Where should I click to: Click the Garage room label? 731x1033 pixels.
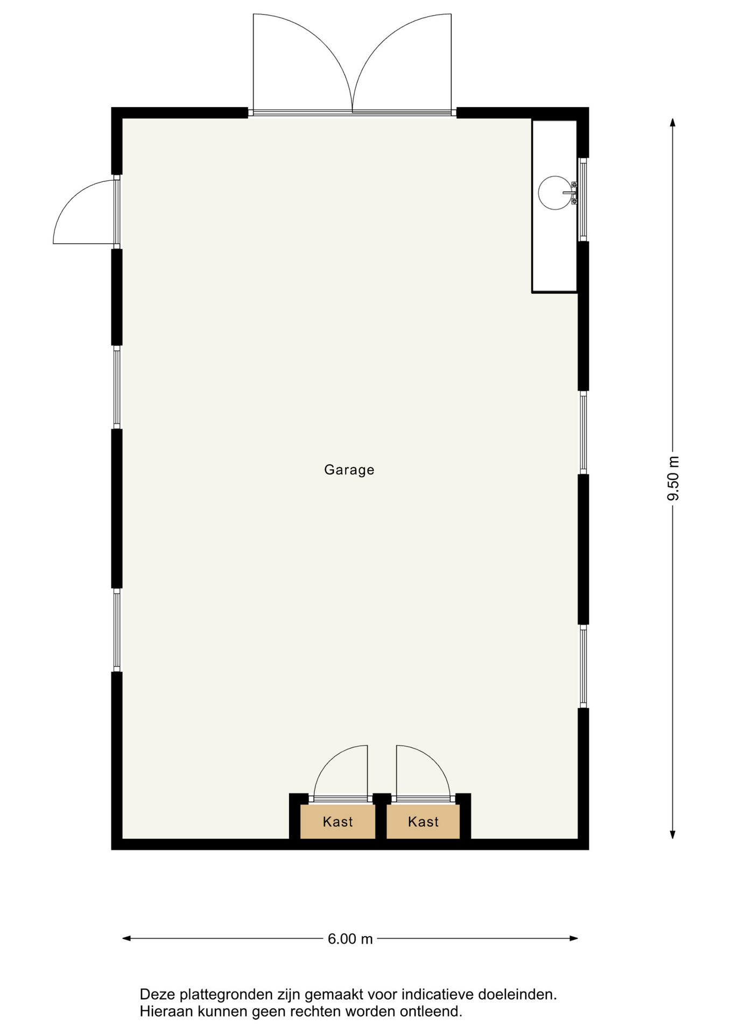pyautogui.click(x=349, y=470)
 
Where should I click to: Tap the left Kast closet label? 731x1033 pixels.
pyautogui.click(x=338, y=822)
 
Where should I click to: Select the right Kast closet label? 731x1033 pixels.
pyautogui.click(x=423, y=822)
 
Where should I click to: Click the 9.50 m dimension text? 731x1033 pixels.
pyautogui.click(x=673, y=478)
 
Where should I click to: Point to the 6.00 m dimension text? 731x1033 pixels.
pyautogui.click(x=350, y=939)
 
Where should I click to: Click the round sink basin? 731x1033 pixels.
pyautogui.click(x=555, y=193)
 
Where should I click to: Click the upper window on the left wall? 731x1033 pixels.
pyautogui.click(x=117, y=387)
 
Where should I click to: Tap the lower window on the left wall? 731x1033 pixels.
pyautogui.click(x=117, y=630)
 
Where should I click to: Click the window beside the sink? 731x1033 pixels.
pyautogui.click(x=582, y=200)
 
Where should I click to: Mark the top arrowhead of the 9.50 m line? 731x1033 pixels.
pyautogui.click(x=672, y=122)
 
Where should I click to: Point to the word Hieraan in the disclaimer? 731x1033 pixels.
pyautogui.click(x=167, y=1011)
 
